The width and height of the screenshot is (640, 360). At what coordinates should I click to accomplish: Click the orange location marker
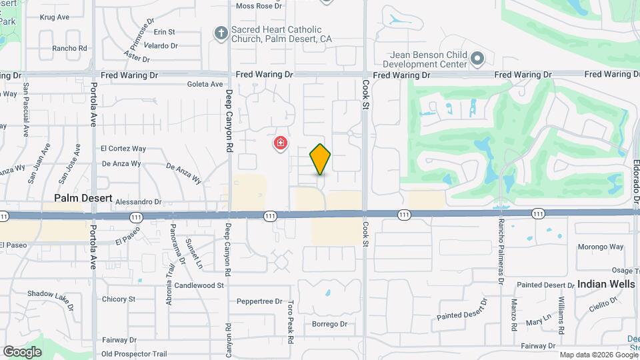[320, 159]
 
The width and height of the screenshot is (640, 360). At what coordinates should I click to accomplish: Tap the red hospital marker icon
[281, 143]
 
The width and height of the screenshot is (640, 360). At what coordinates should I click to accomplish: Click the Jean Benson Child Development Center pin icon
[477, 59]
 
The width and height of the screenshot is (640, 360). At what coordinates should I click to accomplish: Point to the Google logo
[22, 351]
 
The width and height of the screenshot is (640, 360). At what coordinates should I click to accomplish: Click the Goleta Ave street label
[205, 85]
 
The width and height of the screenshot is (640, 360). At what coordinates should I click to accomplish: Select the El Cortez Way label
[123, 149]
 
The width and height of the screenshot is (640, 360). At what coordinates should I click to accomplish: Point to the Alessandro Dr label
[139, 201]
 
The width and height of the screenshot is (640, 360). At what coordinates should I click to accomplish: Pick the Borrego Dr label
[330, 325]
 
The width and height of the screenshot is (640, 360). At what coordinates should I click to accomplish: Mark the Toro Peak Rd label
[291, 322]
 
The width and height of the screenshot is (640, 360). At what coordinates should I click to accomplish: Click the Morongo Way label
[601, 247]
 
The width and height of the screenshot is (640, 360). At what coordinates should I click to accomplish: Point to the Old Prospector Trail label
[134, 354]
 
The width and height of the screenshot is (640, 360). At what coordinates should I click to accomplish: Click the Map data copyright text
[599, 355]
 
